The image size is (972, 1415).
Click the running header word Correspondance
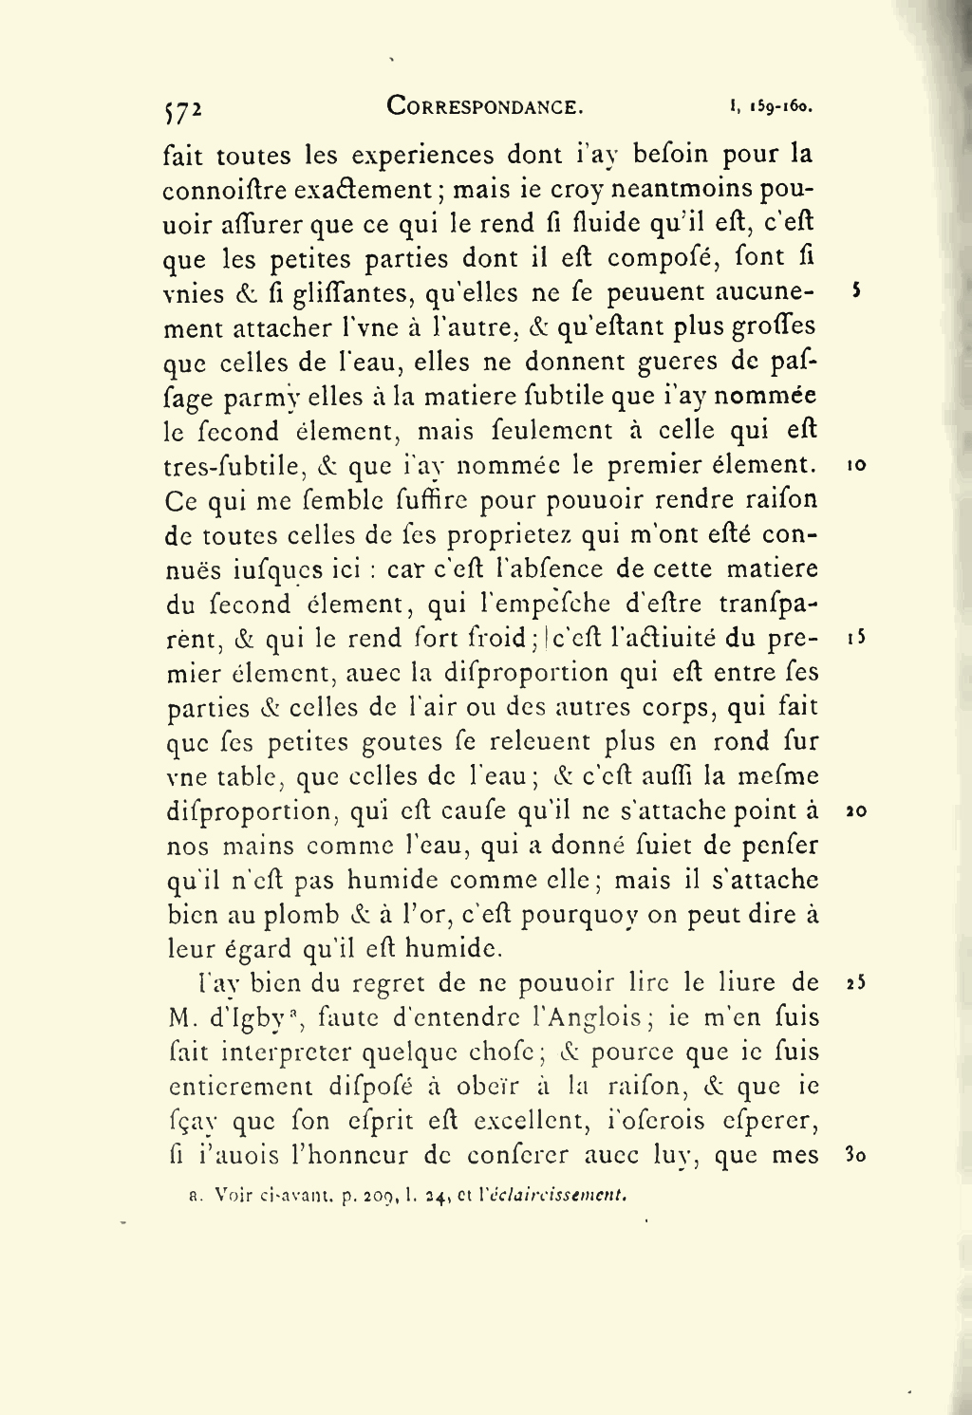[x=485, y=107]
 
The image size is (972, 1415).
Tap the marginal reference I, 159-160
[x=772, y=109]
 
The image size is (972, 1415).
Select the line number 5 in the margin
[x=857, y=291]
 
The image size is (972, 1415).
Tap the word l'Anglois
[x=583, y=1017]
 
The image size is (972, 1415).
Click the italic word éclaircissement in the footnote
[x=557, y=1196]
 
